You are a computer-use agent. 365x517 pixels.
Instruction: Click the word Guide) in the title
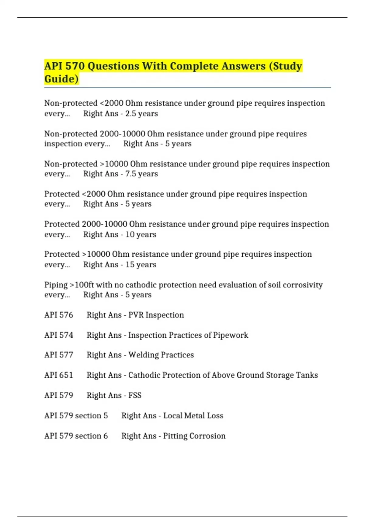coord(61,79)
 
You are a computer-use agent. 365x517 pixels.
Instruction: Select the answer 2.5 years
coord(141,113)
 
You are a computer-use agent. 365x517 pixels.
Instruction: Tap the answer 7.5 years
coord(141,174)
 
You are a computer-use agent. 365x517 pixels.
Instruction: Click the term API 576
coord(59,315)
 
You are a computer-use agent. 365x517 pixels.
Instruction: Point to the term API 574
coord(59,335)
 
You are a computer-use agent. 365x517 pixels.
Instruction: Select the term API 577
coord(59,355)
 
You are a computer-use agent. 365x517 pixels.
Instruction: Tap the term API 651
coord(59,375)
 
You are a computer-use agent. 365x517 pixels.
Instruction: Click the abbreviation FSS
coord(135,395)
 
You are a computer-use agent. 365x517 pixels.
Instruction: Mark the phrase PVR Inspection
coord(156,315)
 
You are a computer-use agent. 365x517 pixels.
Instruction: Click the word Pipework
coord(231,335)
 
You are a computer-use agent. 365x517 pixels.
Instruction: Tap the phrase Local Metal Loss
coord(193,416)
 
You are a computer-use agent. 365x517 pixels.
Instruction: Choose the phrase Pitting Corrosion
coord(194,436)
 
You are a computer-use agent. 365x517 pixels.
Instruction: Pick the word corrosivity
coord(303,285)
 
